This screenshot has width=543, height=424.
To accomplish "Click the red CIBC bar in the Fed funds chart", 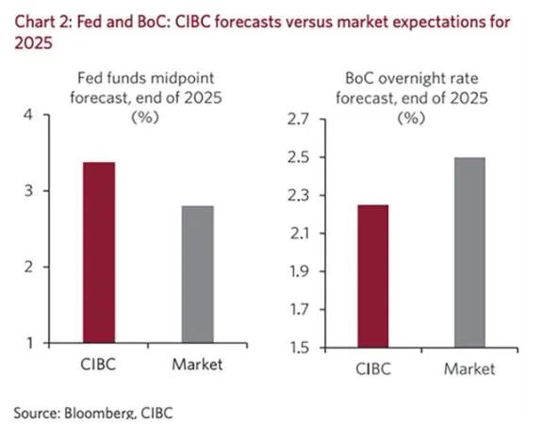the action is pos(99,253).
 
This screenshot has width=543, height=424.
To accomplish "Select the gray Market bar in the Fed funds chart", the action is pos(198,274).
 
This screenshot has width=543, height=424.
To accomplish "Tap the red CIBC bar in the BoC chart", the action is pos(373,276).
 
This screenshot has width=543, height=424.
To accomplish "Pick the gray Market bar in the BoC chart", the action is pos(469,253).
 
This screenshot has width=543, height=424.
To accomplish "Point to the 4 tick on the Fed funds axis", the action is pos(28,115).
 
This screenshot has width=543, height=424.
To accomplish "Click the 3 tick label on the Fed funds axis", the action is pos(28,190).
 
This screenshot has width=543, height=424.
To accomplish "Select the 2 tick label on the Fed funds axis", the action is pos(28,267).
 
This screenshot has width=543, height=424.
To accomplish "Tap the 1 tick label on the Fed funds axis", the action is pos(30,343).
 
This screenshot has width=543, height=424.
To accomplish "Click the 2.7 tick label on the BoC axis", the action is pos(298,120).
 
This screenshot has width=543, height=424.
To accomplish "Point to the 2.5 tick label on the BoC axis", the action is pos(298,157).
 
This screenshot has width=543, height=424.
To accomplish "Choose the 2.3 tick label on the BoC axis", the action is pos(298,196).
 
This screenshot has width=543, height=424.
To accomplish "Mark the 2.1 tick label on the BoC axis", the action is pos(299,234).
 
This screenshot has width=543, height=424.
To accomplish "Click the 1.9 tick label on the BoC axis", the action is pos(299,271).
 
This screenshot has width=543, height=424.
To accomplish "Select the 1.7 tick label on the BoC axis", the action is pos(299,309).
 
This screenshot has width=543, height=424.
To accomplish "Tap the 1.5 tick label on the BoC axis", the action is pos(299,348).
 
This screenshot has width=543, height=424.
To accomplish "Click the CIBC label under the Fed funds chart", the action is pos(98,365).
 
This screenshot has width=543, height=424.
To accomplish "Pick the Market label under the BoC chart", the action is pos(469,369).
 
